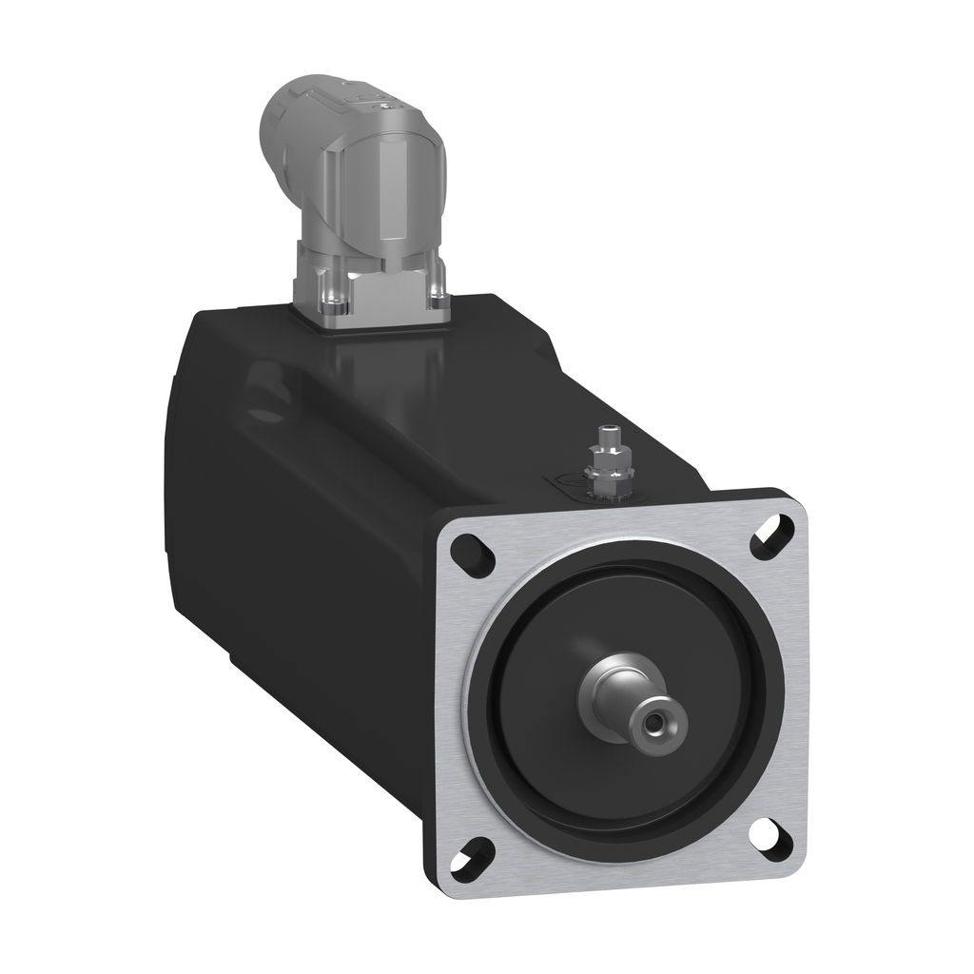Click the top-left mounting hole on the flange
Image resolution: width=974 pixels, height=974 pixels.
click(473, 555)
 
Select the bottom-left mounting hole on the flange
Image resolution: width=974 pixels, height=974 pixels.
click(473, 859)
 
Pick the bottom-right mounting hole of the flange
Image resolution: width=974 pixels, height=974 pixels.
click(770, 838)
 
